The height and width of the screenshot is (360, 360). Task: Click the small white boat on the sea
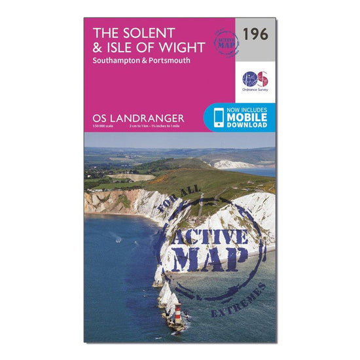point(118,240)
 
